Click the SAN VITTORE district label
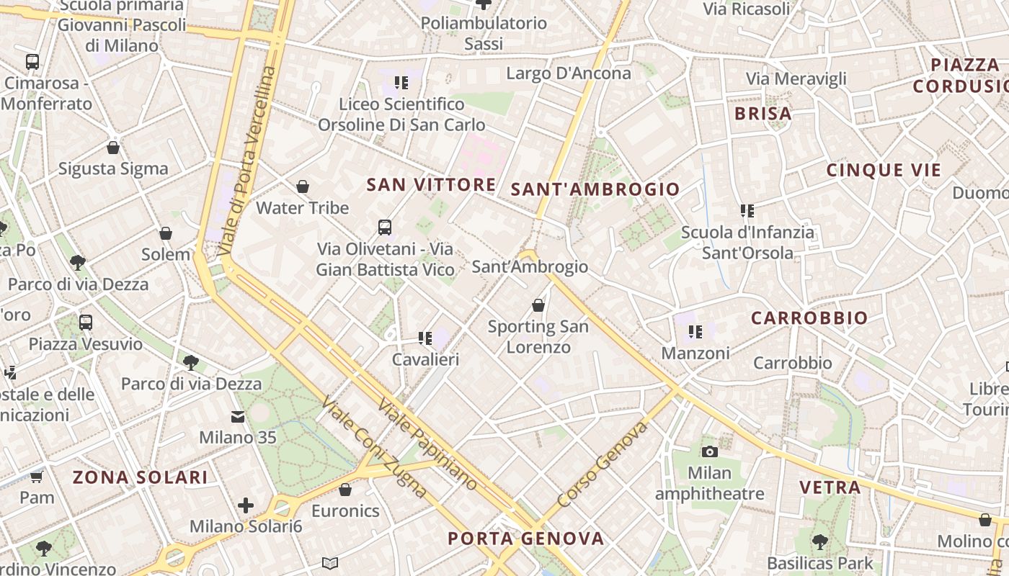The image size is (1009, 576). (x=431, y=184)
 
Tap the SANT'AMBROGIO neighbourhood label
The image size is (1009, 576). (x=595, y=189)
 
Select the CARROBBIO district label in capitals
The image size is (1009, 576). (x=809, y=318)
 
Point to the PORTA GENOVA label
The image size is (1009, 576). (x=525, y=539)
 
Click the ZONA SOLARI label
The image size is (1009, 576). (x=141, y=477)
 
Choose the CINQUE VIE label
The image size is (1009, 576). (x=884, y=171)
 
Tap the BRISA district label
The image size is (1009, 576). (x=763, y=114)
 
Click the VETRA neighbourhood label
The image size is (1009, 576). (x=830, y=487)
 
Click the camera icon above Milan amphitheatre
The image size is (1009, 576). (x=710, y=451)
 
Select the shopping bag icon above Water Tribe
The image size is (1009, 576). (x=303, y=186)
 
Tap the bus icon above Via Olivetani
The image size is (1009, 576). (x=385, y=228)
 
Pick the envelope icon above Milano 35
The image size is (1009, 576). (x=238, y=416)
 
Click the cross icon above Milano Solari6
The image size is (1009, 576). (x=246, y=505)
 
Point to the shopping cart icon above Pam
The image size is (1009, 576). (x=37, y=477)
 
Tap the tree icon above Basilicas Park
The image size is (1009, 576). (x=819, y=541)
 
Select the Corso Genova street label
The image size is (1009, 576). (x=603, y=464)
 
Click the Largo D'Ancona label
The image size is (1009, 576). (x=569, y=73)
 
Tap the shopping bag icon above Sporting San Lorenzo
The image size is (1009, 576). (x=538, y=305)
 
